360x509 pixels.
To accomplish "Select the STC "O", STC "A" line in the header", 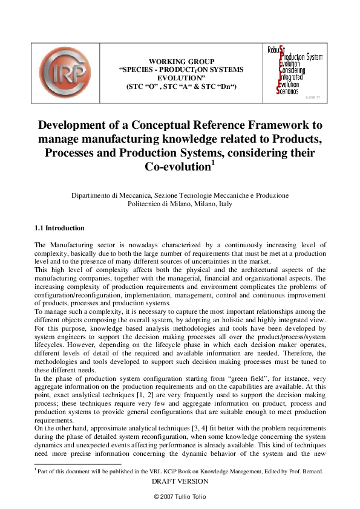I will click(181, 87).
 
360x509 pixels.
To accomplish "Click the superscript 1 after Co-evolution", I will click(212, 161).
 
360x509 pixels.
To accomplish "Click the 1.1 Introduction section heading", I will click(59, 228).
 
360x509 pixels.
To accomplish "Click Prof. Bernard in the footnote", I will click(308, 471).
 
